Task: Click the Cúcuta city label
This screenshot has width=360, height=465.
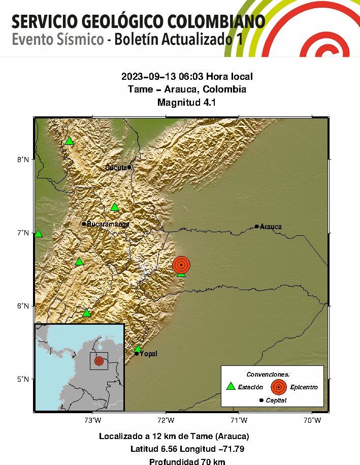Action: pos(116,168)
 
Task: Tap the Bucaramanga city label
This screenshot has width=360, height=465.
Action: pos(108,224)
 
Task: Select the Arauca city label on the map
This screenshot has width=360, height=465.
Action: pos(271,227)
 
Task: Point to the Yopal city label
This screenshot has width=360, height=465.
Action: pos(148,354)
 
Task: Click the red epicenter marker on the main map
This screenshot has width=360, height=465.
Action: pos(181,265)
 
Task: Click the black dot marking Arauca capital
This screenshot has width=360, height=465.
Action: pos(257,226)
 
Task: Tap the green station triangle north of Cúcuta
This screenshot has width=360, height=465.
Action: pos(69,141)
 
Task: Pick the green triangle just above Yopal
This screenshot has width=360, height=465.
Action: pos(138,349)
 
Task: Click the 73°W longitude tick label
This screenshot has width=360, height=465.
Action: pos(92,420)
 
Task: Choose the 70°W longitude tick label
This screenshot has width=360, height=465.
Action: pos(312,420)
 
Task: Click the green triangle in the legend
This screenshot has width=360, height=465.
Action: pos(231,386)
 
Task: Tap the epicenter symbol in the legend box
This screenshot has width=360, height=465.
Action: pos(278,387)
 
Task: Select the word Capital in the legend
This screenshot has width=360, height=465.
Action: pos(276,400)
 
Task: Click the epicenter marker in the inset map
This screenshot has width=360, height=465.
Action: pos(99,361)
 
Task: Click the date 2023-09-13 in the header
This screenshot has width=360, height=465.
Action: pos(145,77)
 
